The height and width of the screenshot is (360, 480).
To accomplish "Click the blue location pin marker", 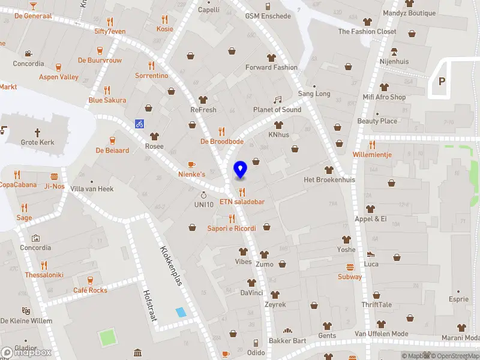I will tap(241, 170).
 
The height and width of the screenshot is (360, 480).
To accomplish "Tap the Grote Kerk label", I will tap(38, 143).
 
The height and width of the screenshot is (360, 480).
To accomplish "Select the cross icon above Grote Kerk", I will tap(37, 131).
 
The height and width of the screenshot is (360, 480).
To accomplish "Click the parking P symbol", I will tap(442, 81).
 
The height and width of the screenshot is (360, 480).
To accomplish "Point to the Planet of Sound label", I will tap(277, 110).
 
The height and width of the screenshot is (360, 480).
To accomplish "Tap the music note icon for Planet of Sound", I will tap(277, 100).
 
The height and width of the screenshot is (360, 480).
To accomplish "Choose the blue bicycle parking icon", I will tap(139, 124).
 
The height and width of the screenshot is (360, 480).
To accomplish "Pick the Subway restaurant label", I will tap(350, 277).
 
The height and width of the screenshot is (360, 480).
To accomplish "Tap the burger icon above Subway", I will tap(350, 267).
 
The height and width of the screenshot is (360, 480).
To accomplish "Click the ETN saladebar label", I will tap(242, 202).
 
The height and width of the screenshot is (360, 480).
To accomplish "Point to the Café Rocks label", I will tap(90, 290).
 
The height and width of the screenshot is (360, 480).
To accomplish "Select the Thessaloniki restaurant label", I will tap(44, 275).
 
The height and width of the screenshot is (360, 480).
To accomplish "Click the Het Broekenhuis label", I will tap(329, 180).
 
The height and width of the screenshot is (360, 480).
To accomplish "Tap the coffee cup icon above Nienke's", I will tap(191, 164).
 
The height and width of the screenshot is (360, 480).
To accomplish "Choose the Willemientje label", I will tap(372, 154).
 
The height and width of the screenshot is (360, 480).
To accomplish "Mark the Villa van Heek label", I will tap(92, 189).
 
